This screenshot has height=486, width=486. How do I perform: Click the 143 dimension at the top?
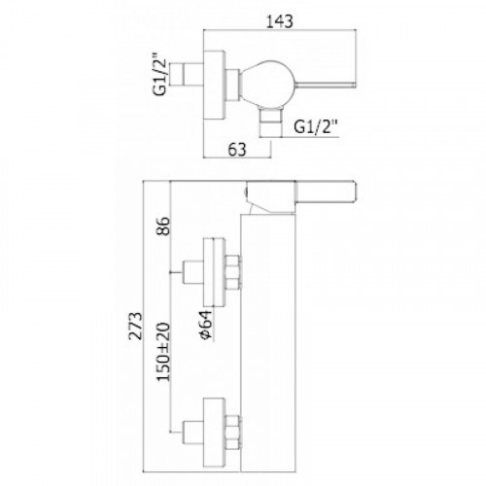click(280, 21)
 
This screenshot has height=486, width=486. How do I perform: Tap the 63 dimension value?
click(237, 150)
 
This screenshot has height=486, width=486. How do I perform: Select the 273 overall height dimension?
click(136, 326)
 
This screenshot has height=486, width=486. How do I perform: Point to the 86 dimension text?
click(163, 226)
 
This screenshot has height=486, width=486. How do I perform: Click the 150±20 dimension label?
click(163, 352)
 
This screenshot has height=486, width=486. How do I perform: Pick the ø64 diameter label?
click(206, 326)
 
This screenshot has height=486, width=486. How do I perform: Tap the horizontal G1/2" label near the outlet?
click(316, 126)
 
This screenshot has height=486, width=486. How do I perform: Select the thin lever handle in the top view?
click(326, 85)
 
